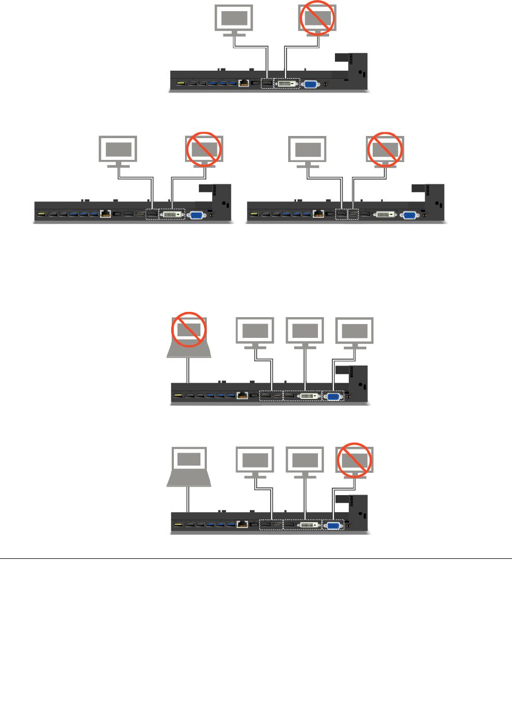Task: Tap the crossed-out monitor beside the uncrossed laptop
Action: pos(355,460)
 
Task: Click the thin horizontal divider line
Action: pos(256,558)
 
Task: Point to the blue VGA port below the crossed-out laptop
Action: pos(333,396)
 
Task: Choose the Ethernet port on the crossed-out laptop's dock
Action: pos(242,396)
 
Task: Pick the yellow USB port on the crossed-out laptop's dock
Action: pos(177,396)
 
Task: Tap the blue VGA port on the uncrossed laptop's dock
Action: pos(333,525)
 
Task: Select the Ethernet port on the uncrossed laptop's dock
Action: pos(242,525)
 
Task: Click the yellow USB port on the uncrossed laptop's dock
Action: pos(177,525)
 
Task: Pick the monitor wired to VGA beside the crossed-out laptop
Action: pos(355,332)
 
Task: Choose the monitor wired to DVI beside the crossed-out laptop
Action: pos(305,332)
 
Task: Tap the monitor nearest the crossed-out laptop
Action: pos(255,332)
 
